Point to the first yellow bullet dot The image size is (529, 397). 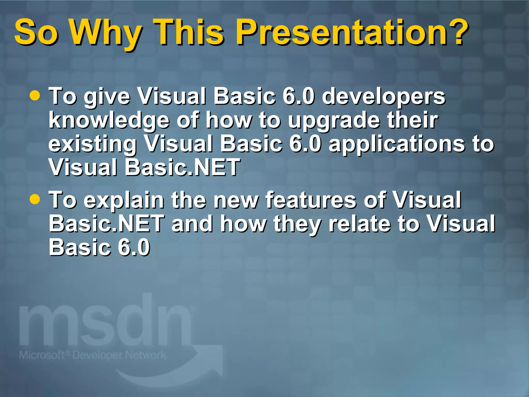[35, 95]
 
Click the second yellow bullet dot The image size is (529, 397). [35, 199]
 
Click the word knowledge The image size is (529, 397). [109, 121]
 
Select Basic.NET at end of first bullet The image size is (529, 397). [182, 167]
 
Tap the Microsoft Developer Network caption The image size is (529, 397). [92, 355]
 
